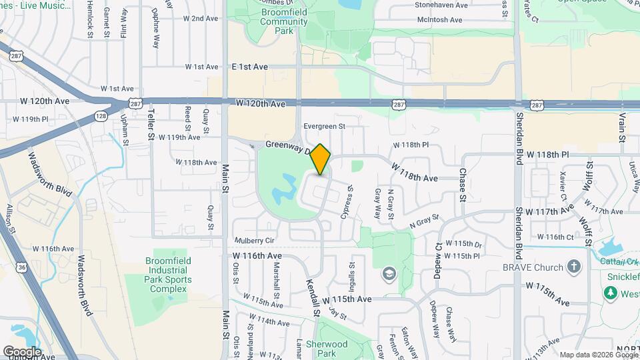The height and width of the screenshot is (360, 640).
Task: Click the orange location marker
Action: pyautogui.click(x=321, y=159)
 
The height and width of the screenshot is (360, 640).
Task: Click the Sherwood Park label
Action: pyautogui.click(x=327, y=349)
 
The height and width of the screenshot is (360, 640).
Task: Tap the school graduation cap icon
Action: pyautogui.click(x=389, y=274)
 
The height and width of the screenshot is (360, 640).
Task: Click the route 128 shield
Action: pyautogui.click(x=100, y=116)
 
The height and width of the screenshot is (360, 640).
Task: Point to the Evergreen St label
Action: pyautogui.click(x=323, y=125)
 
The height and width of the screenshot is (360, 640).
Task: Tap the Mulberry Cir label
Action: pyautogui.click(x=255, y=240)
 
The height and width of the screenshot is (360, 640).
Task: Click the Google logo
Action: pyautogui.click(x=23, y=351)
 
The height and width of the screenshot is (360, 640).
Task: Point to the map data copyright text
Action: pyautogui.click(x=598, y=355)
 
